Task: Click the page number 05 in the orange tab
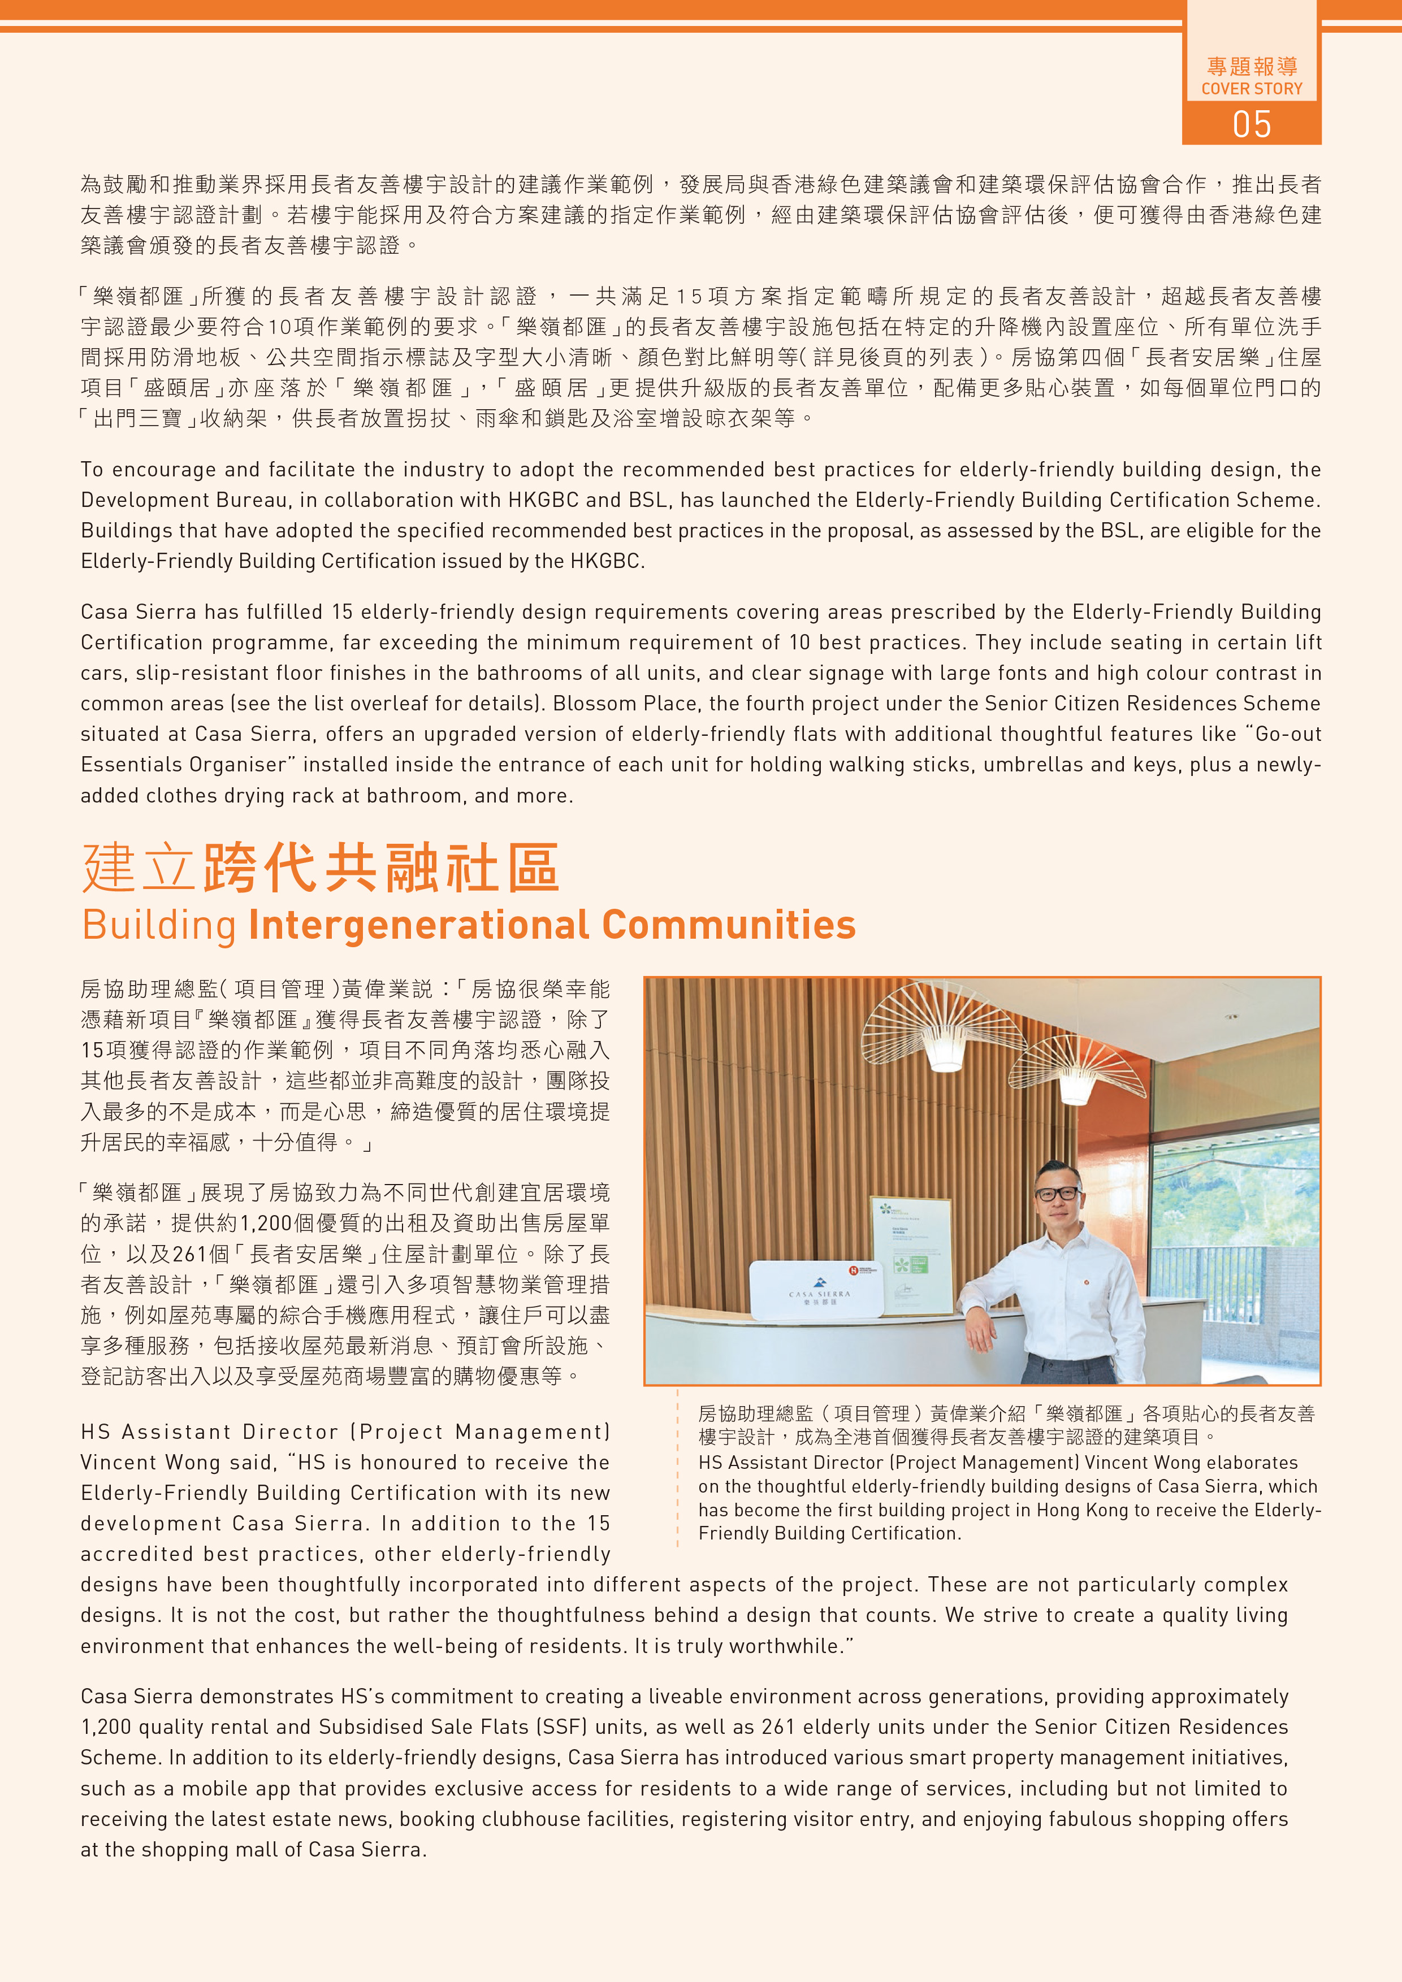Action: tap(1251, 124)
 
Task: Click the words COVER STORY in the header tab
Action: tap(1251, 89)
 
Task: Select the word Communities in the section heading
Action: tap(729, 925)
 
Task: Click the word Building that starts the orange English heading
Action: tap(159, 925)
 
